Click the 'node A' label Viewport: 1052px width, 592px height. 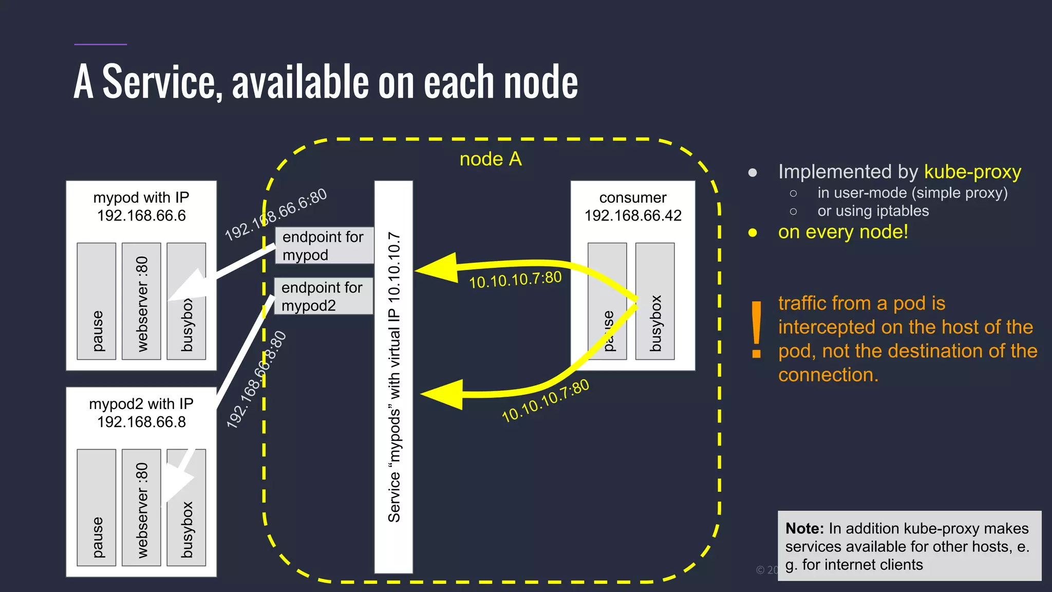coord(491,159)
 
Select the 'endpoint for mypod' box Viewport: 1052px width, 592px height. coord(324,246)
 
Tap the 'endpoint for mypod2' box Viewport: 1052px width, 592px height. coord(323,297)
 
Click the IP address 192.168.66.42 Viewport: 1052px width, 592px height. coord(633,215)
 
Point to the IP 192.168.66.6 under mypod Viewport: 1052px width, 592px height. coord(141,215)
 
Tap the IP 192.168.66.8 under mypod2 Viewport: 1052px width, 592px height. coord(141,422)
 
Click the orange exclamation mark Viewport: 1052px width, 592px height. coord(756,329)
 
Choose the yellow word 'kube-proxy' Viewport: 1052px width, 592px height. coord(972,172)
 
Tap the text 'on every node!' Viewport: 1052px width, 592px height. coord(843,232)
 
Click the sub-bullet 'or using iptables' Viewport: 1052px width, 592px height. coord(873,211)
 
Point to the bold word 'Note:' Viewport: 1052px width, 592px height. coord(804,528)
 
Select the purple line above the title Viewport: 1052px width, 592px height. coord(101,44)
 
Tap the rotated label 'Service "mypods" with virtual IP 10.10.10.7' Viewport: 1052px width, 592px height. coord(394,377)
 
